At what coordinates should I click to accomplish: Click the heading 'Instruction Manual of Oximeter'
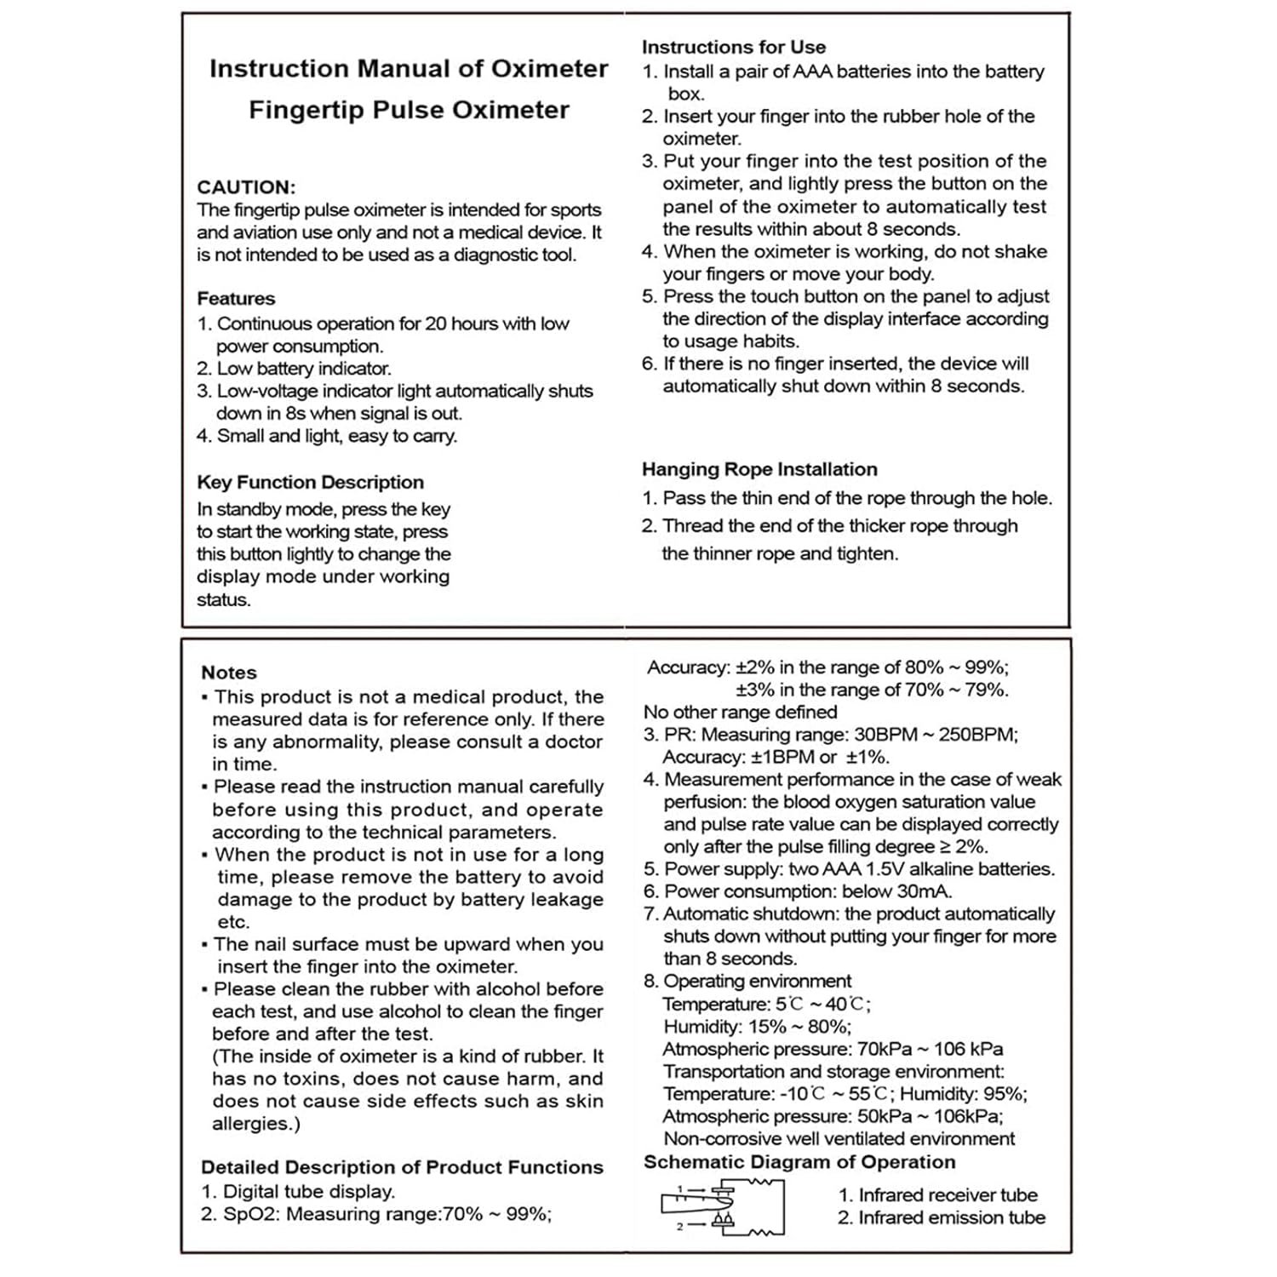[x=409, y=69]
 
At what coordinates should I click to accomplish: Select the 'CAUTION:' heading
[x=246, y=187]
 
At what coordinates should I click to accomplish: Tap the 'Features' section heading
[x=236, y=299]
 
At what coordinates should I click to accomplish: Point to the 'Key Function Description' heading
[x=310, y=483]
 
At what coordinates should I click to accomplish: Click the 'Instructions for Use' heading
[x=733, y=48]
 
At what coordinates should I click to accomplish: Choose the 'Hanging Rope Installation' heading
[x=759, y=469]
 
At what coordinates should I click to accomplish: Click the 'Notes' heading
[x=228, y=673]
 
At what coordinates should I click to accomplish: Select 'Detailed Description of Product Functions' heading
[x=402, y=1167]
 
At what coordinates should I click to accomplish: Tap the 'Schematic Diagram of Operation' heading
[x=799, y=1162]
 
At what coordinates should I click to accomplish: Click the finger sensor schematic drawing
[x=722, y=1206]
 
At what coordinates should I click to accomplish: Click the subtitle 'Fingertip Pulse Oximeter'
[x=409, y=110]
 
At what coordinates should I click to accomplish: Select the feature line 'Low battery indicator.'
[x=303, y=369]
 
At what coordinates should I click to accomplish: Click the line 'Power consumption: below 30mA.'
[x=807, y=891]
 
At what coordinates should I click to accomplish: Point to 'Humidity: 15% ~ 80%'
[x=757, y=1027]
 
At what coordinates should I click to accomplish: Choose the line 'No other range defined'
[x=740, y=712]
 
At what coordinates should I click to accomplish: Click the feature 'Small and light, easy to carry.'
[x=336, y=436]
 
